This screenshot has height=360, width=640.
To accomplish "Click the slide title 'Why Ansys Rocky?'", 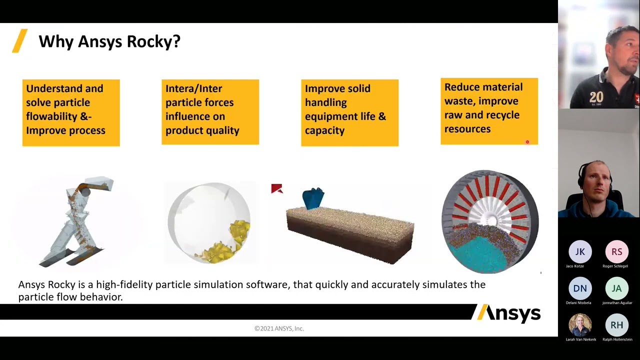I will click(x=109, y=41).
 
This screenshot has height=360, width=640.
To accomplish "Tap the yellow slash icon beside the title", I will click(x=19, y=41).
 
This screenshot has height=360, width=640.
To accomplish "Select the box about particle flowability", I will click(x=71, y=112).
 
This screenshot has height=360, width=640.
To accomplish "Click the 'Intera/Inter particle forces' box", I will click(x=210, y=112).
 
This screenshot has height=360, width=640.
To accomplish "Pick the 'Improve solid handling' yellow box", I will click(x=349, y=112).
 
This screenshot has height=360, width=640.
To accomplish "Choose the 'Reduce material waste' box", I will click(x=489, y=111).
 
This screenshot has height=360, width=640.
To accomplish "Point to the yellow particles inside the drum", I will click(x=235, y=240).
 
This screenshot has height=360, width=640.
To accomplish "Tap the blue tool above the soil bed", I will click(x=313, y=198).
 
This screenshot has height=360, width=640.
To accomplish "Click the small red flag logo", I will click(x=276, y=188).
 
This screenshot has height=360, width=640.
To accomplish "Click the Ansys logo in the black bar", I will click(x=508, y=313).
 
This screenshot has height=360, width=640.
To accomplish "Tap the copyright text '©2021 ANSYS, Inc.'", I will click(x=279, y=328).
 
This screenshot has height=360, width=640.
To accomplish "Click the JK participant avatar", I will click(x=580, y=252).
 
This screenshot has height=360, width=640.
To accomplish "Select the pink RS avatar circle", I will click(x=616, y=252).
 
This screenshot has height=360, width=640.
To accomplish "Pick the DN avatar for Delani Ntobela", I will click(x=580, y=288).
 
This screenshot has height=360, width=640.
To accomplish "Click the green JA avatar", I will click(x=616, y=288).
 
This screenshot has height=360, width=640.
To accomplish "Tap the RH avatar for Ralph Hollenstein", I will click(x=616, y=325).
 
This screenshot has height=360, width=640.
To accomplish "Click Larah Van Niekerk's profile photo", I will click(x=580, y=325).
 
